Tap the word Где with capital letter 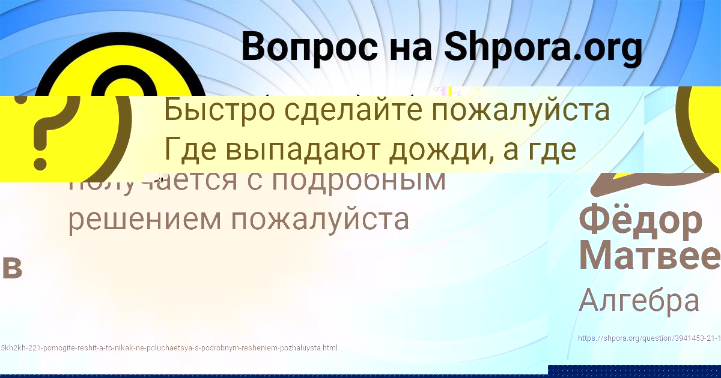pyautogui.click(x=189, y=150)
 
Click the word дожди pyautogui.click(x=440, y=150)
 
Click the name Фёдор pyautogui.click(x=640, y=220)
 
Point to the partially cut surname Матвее pyautogui.click(x=649, y=255)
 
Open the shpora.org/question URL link pyautogui.click(x=649, y=338)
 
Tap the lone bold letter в pyautogui.click(x=12, y=268)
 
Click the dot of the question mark pyautogui.click(x=40, y=162)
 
